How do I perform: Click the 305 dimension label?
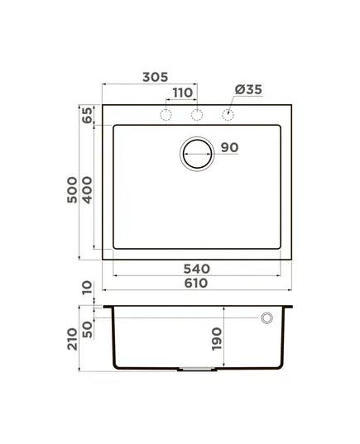155,77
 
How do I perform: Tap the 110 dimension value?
183,93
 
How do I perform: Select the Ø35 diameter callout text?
248,89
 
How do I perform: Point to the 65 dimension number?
87,115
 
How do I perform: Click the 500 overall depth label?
72,189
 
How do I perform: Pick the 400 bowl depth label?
87,190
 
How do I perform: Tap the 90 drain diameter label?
229,147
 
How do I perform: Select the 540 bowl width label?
197,269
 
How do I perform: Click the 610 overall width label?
196,283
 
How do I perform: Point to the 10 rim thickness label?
87,288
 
